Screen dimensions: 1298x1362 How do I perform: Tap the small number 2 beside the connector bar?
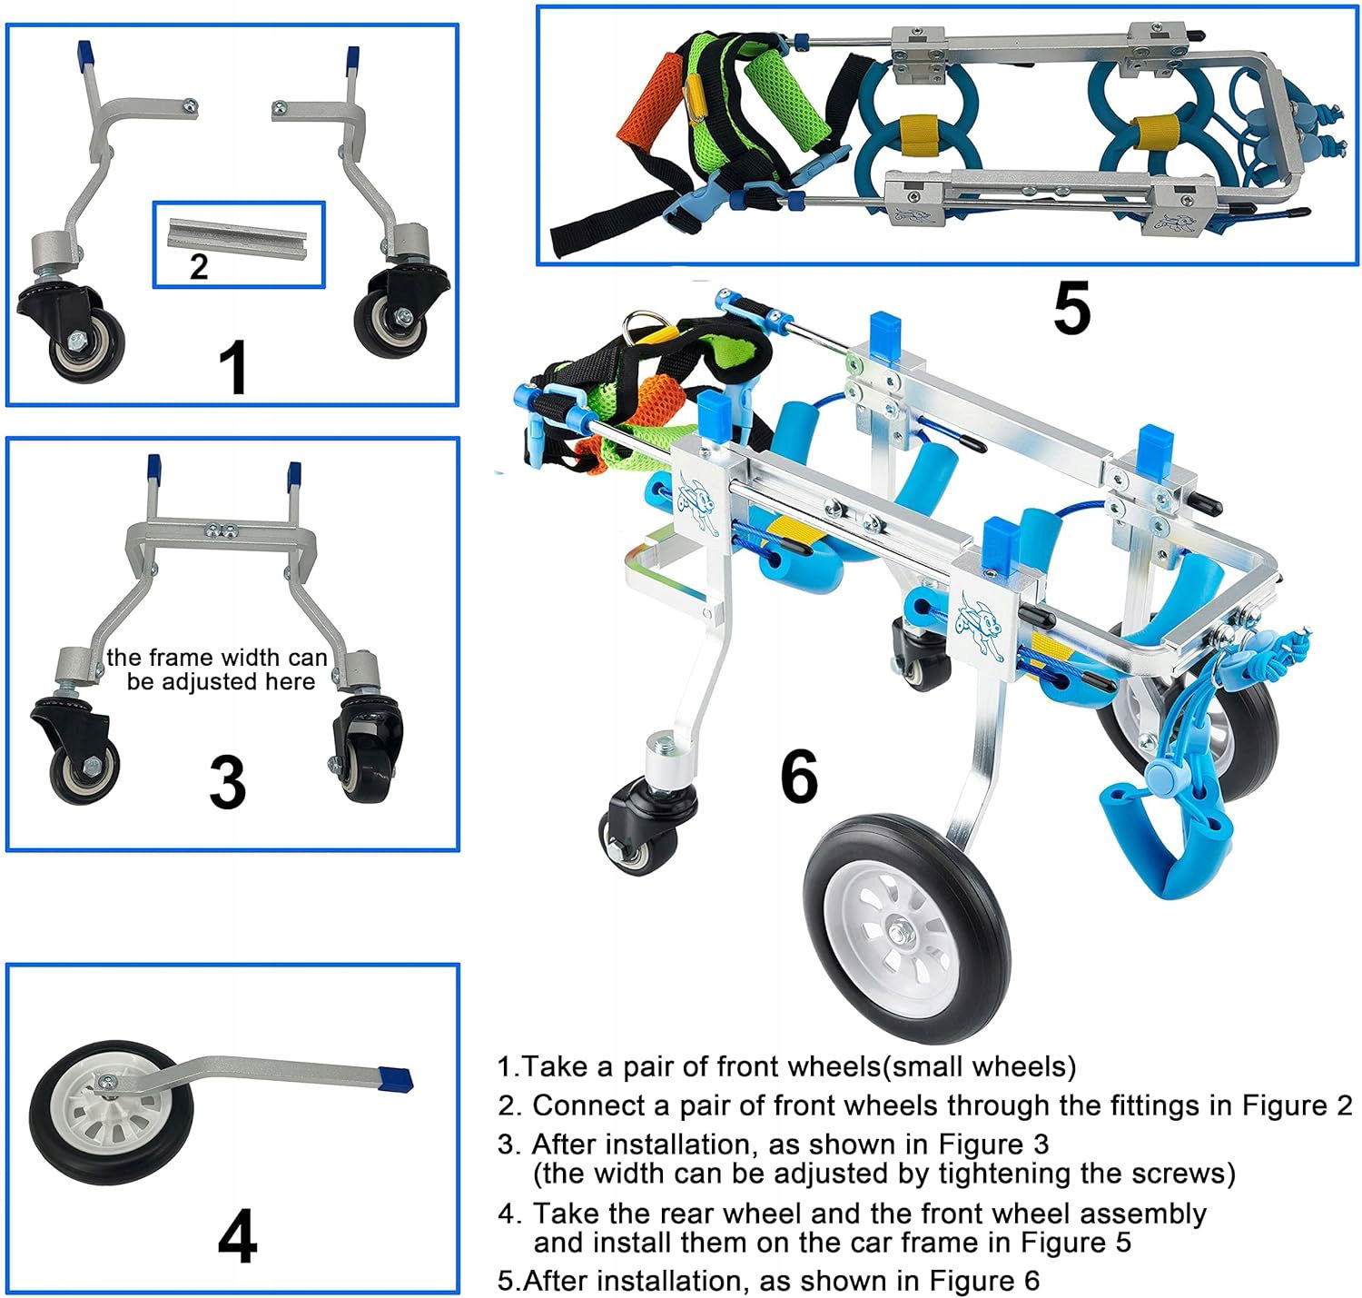(199, 266)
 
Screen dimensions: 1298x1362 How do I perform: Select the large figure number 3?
(227, 782)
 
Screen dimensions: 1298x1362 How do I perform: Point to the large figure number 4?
(237, 1236)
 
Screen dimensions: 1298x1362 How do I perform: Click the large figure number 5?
(1071, 310)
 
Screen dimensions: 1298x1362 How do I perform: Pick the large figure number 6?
(799, 777)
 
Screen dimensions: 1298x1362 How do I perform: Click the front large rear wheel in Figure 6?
(905, 929)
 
